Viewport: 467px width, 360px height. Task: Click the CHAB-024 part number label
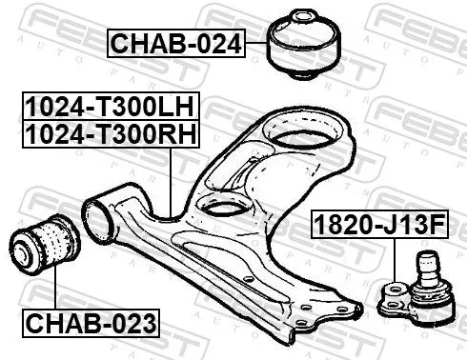point(174,43)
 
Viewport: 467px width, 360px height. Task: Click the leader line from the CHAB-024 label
point(257,44)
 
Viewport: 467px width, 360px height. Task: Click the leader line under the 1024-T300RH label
point(168,181)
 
